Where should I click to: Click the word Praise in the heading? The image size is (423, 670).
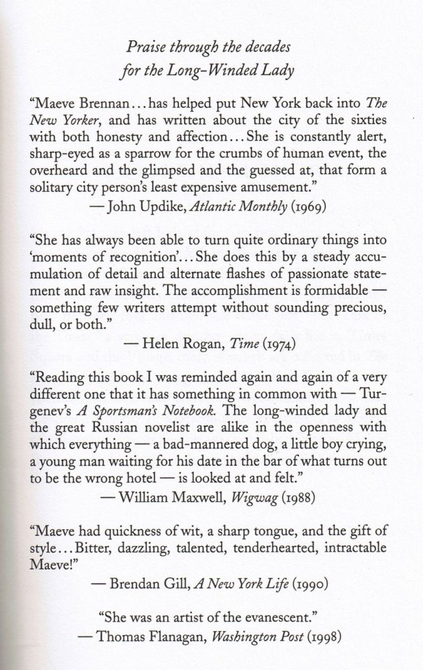click(x=146, y=48)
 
